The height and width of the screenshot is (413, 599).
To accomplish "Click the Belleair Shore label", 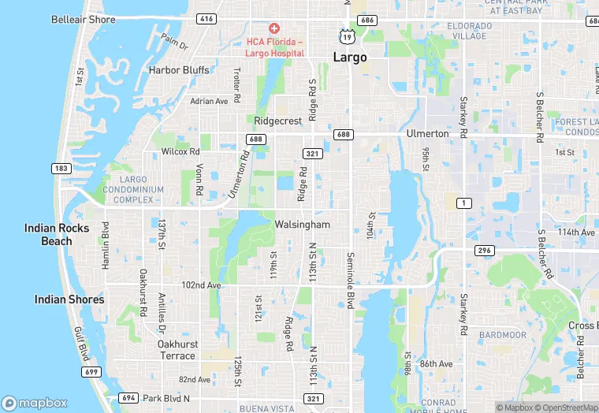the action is coord(82,19).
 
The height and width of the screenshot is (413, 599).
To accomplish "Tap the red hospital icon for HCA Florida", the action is coord(274,28).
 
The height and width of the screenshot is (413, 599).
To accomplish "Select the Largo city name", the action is coord(350,58).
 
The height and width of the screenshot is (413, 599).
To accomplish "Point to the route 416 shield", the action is coord(206,18).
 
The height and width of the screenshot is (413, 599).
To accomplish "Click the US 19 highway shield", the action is coord(346,36).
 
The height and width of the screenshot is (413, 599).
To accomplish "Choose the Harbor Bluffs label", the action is coord(179,70).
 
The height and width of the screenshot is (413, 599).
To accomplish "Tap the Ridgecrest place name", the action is coord(278,121).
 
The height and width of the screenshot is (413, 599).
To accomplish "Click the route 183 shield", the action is coord(61,169).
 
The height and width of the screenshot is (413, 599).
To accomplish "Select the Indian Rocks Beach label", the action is coord(57,234).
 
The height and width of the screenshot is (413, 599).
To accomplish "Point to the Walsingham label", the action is coord(302,225).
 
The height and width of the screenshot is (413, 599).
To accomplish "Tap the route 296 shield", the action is coord(484,251).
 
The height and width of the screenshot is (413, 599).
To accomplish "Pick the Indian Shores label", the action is coord(69,300).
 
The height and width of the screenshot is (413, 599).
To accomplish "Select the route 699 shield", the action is coord(91,371).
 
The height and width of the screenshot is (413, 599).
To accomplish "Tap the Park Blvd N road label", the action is coord(167,398).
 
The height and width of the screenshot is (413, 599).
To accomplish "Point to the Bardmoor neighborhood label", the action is coord(501,335).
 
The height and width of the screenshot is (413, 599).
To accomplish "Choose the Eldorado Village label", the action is coord(471,31).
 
